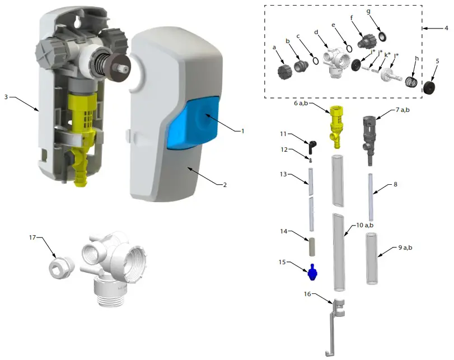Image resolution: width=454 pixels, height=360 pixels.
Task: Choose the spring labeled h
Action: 411,83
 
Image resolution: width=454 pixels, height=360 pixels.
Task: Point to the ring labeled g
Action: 383,36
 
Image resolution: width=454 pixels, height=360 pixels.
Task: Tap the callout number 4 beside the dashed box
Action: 446,27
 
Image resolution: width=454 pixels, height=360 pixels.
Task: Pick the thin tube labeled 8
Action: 371,198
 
